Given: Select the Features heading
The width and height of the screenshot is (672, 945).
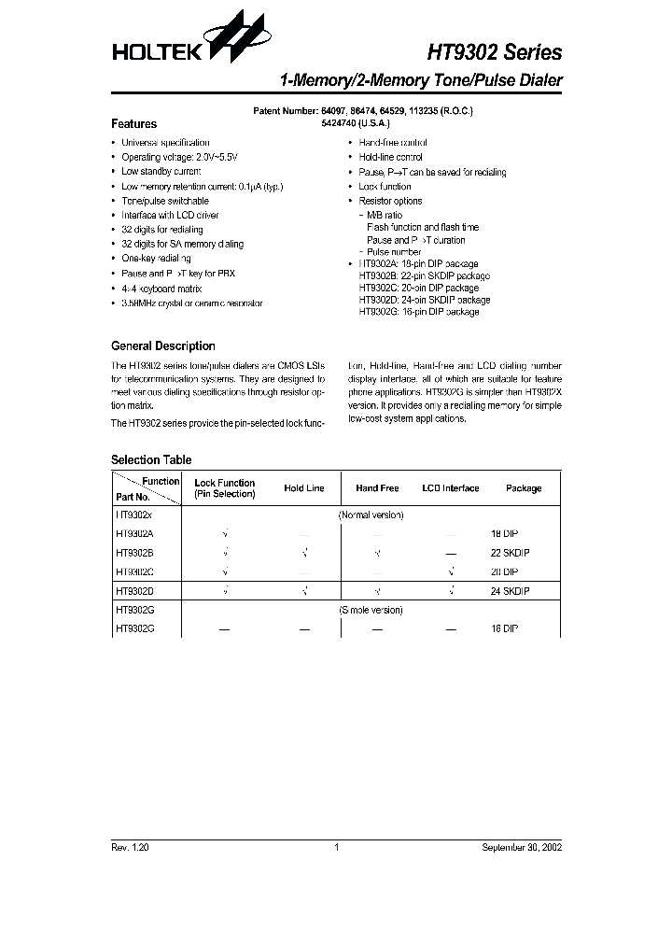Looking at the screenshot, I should (x=133, y=123).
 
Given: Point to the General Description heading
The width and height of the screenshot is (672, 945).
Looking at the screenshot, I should (x=162, y=346).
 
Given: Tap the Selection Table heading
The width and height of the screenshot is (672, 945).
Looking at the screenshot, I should (x=151, y=459).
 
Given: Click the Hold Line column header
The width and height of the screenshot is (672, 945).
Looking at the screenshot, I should (x=304, y=488).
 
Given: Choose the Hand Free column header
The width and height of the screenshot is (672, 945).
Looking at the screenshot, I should (x=377, y=488).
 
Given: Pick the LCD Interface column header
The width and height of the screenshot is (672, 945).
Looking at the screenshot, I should (x=450, y=488).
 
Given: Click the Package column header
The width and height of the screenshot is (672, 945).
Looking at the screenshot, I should (x=523, y=488).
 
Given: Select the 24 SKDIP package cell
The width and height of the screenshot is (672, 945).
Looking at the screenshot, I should (x=511, y=590).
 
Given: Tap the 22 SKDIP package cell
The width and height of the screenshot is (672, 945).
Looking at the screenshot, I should (x=511, y=553).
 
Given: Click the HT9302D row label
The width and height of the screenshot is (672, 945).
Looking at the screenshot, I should (x=136, y=590).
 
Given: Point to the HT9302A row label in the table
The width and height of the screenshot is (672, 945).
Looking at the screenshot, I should (x=136, y=533).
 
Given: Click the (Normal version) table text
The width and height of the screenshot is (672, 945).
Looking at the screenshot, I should (x=370, y=515).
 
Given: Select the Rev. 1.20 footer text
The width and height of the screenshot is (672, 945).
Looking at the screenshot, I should (x=130, y=847).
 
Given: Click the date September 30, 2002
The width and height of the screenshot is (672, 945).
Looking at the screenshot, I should (x=522, y=847).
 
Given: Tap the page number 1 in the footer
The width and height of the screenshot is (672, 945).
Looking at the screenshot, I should (x=336, y=847).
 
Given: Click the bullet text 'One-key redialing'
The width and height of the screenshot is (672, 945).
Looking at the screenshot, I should (x=156, y=258).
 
